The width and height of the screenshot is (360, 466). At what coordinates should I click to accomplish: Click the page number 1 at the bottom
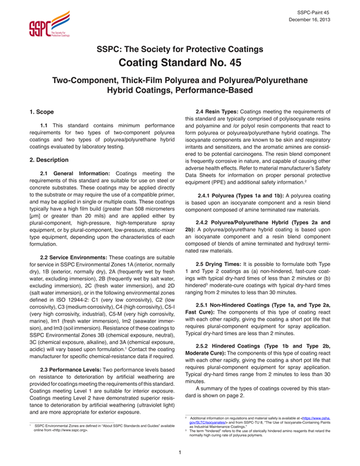179,453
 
